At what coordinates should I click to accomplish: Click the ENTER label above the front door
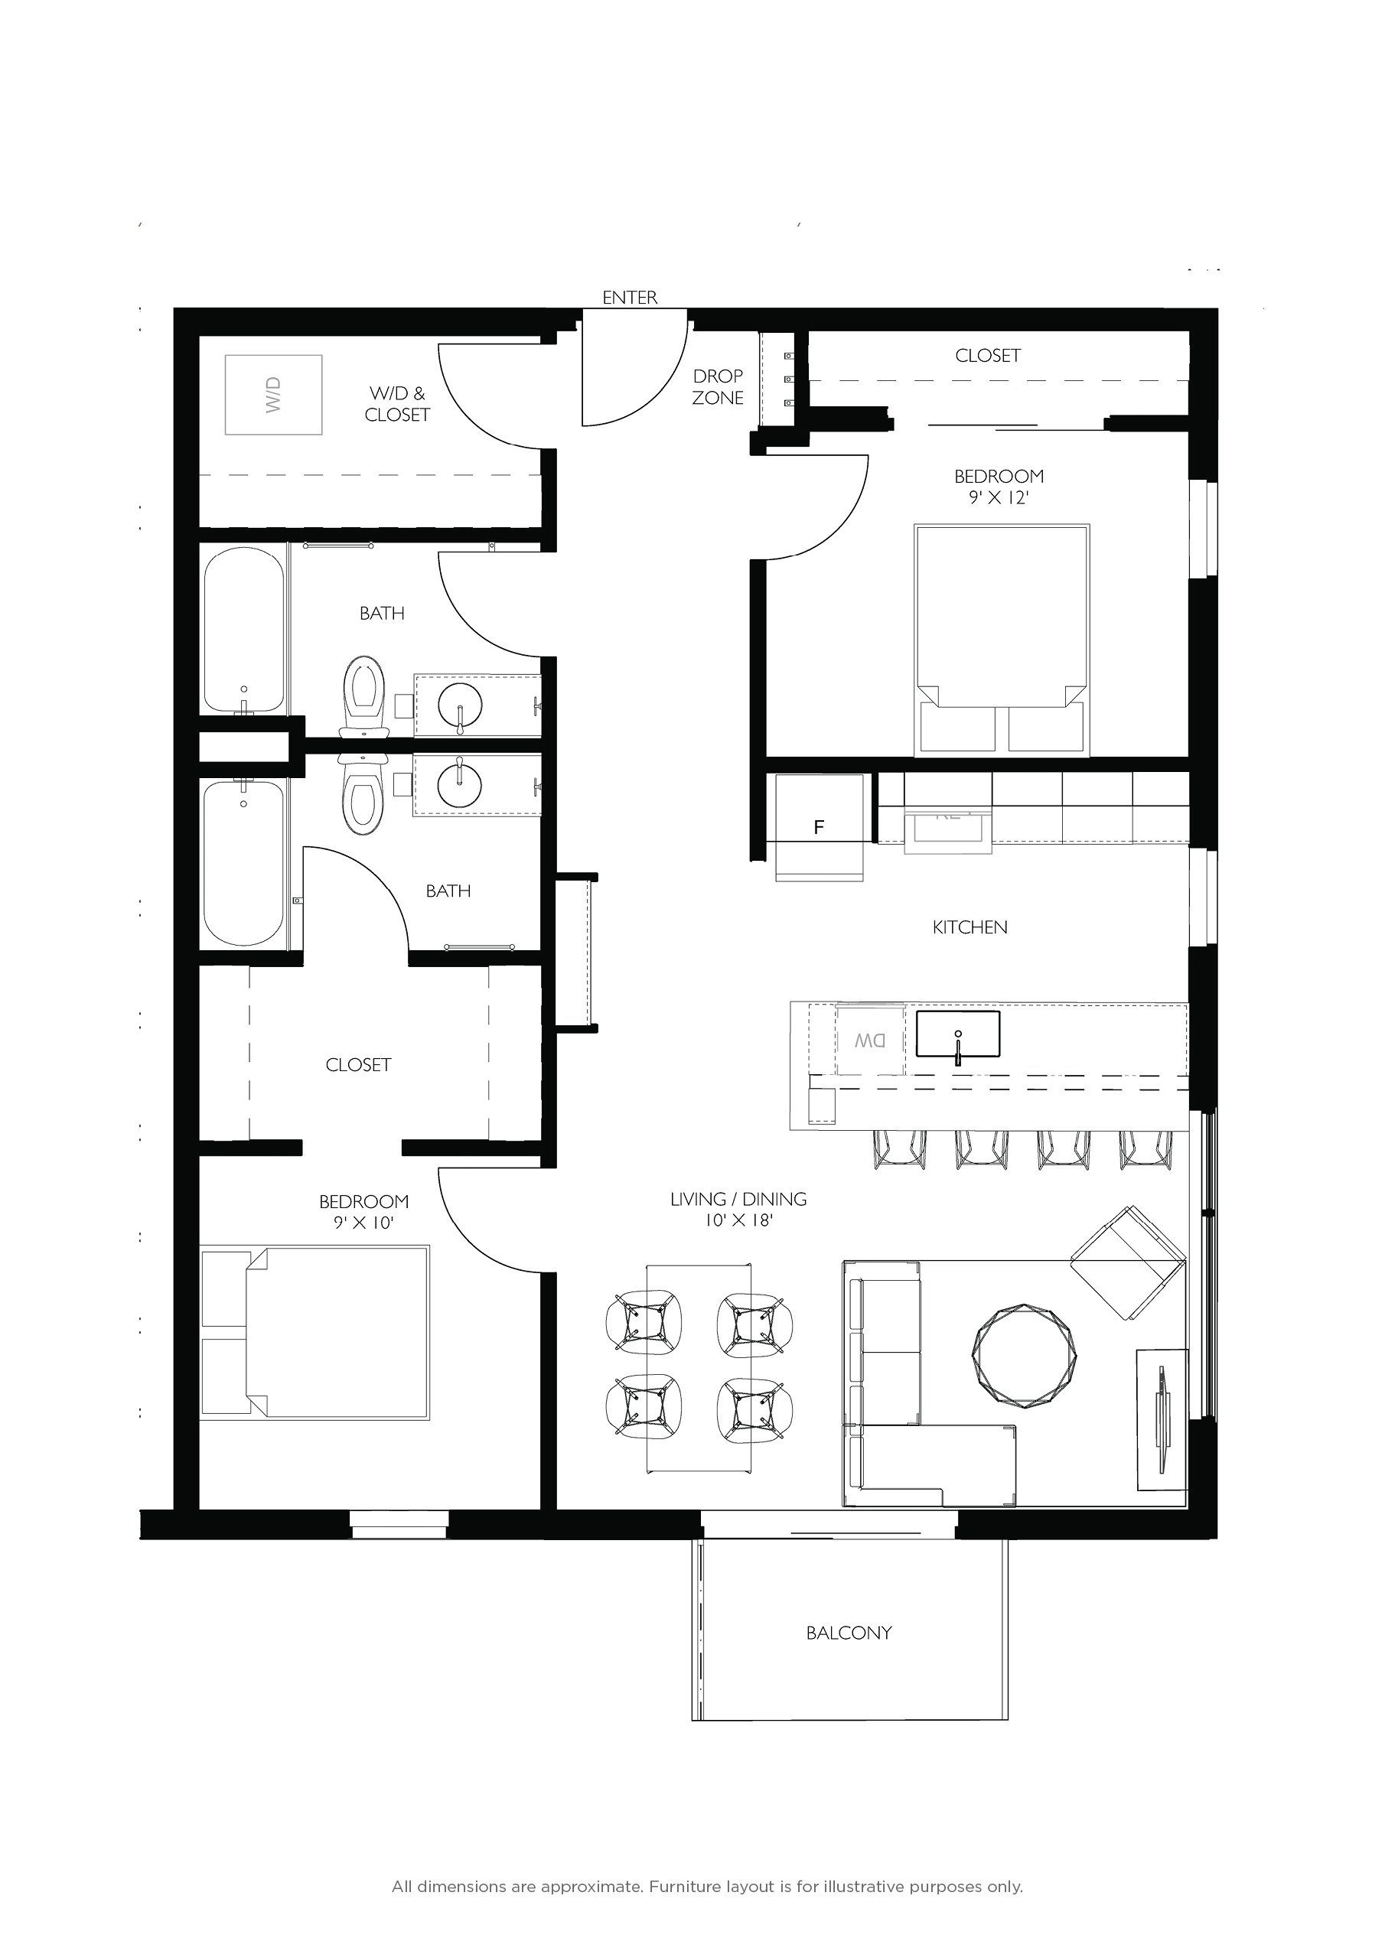click(x=630, y=298)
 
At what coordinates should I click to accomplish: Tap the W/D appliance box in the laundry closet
click(x=273, y=395)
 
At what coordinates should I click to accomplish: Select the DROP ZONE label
click(x=717, y=386)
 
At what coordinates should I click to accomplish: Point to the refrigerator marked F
click(x=819, y=826)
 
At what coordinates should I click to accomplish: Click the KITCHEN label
click(x=969, y=927)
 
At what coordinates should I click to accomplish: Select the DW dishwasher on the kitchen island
click(x=869, y=1041)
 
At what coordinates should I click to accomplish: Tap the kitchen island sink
click(x=958, y=1034)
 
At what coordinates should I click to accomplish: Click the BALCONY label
click(x=849, y=1633)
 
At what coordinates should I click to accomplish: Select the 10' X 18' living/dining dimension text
click(x=738, y=1221)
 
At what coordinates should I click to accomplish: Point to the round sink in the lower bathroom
click(x=459, y=782)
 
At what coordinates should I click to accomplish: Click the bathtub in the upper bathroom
click(x=244, y=630)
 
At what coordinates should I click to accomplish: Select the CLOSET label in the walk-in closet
click(x=358, y=1065)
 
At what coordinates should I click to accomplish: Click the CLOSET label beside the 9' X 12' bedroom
click(x=988, y=356)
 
